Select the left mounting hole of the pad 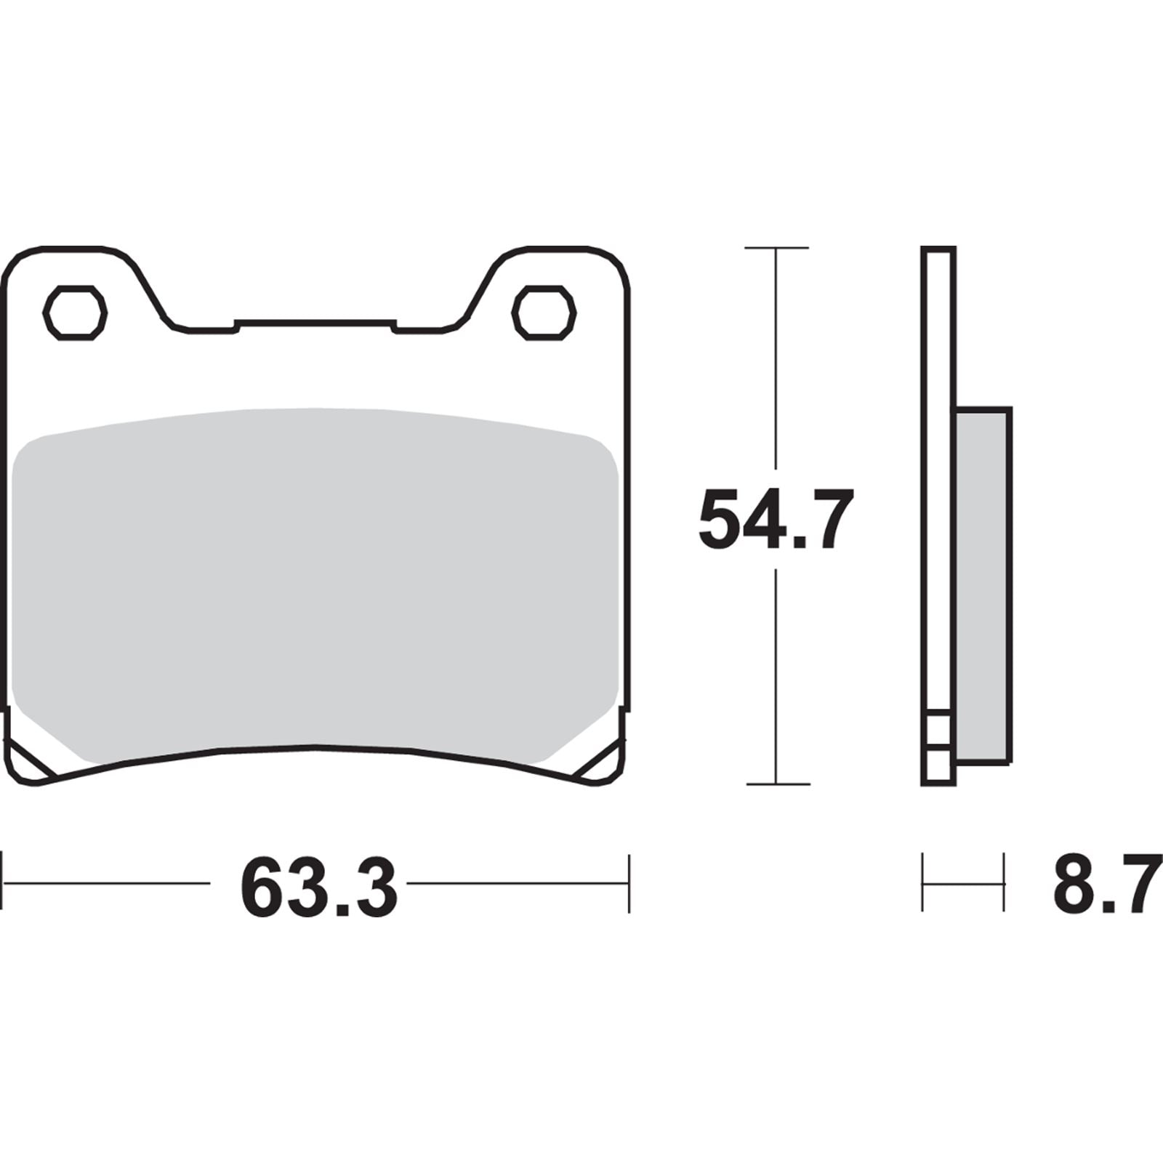pos(76,313)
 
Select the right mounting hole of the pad pos(544,313)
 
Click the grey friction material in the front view pos(316,581)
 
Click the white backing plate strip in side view pos(938,472)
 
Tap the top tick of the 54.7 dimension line pos(776,249)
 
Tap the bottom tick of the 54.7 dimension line pos(777,784)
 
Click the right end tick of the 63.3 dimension pos(629,884)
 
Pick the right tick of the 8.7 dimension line pos(1005,883)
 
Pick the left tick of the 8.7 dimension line pos(923,883)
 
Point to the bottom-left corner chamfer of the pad pos(28,763)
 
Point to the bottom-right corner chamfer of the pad pos(603,763)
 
